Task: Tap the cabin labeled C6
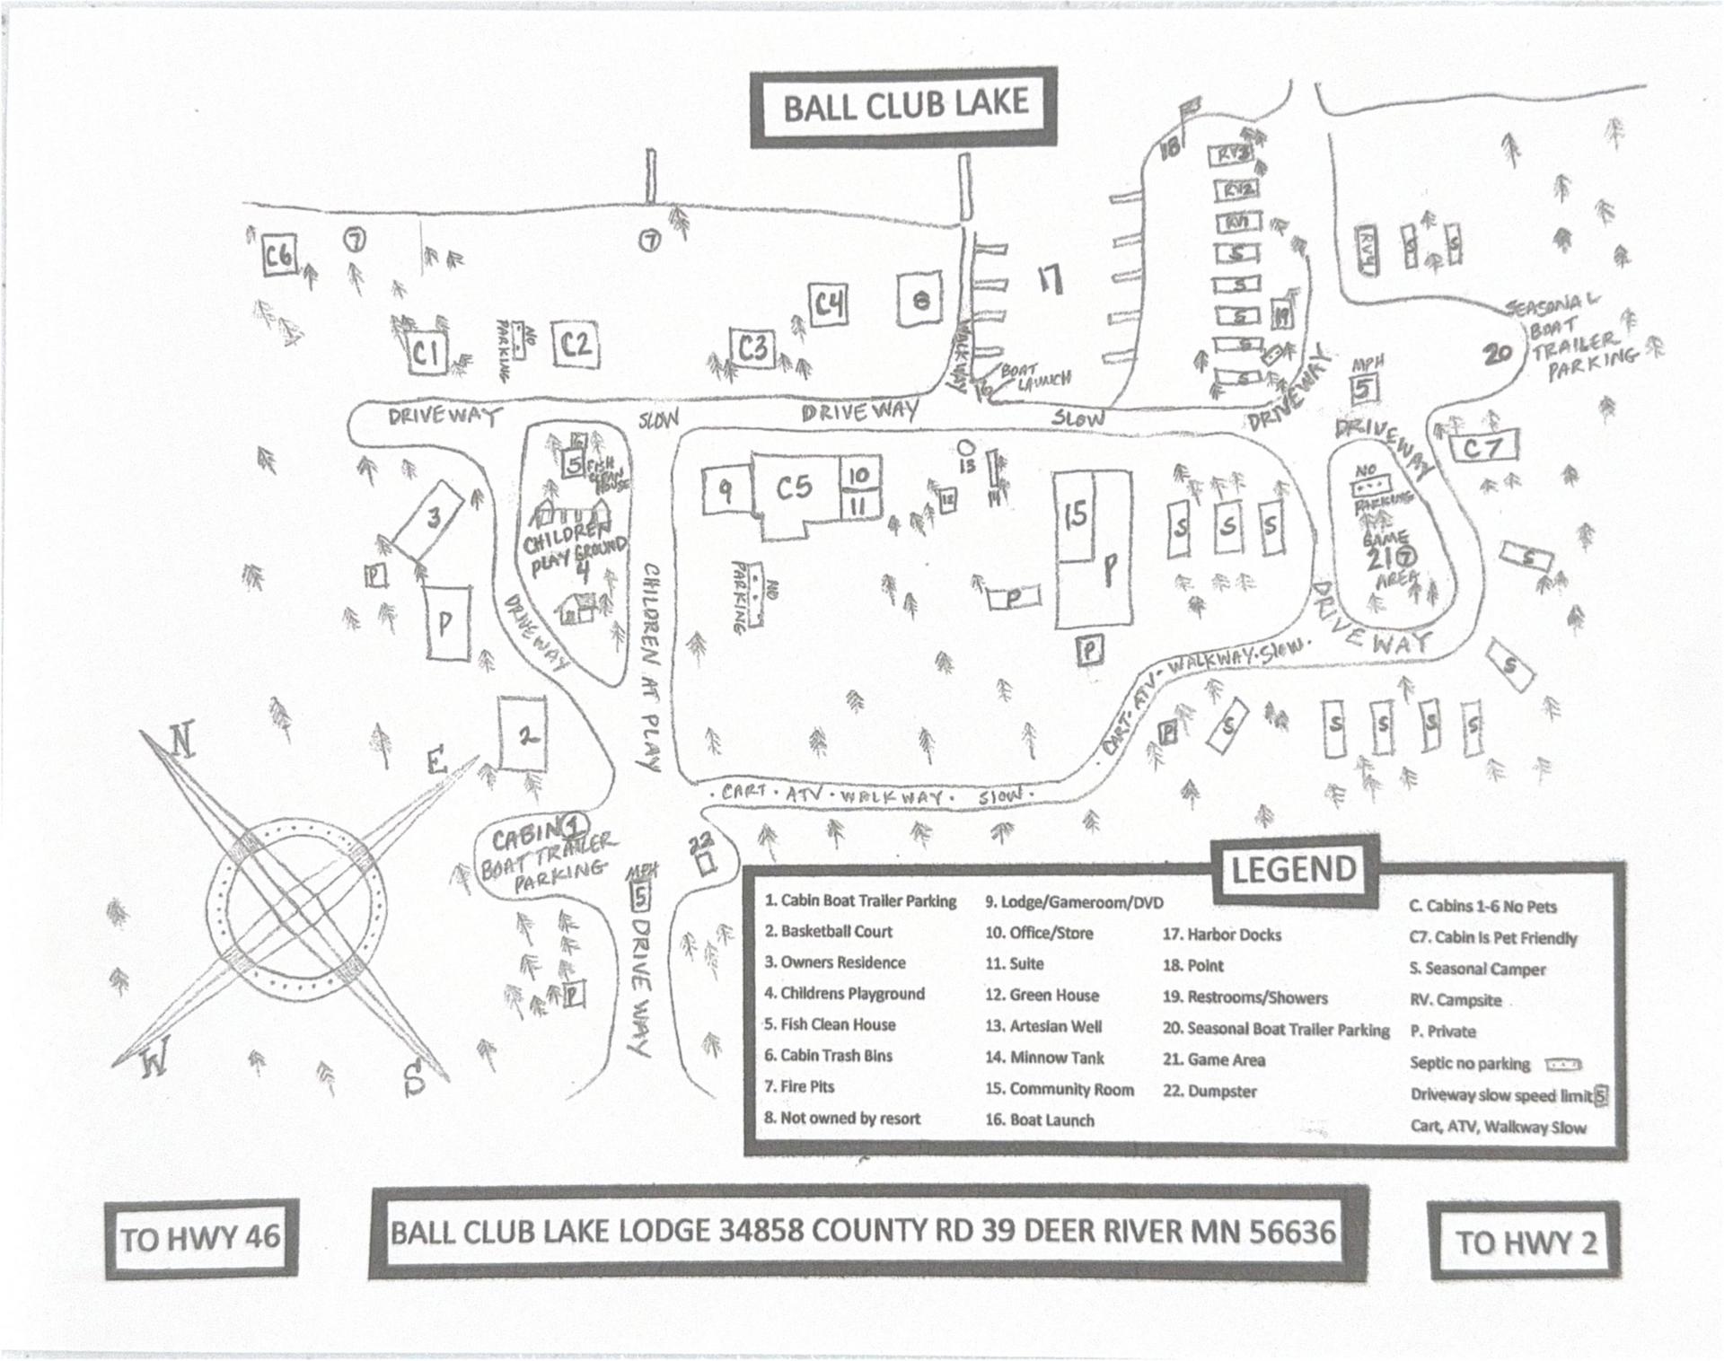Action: click(278, 258)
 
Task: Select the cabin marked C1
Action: click(427, 354)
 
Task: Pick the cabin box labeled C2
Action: click(576, 345)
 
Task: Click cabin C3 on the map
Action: click(753, 347)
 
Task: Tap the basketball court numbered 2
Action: click(523, 734)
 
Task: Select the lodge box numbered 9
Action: click(725, 489)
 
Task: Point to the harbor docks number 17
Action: click(1050, 280)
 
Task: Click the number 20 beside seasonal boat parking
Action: click(1497, 354)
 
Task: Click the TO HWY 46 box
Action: click(201, 1240)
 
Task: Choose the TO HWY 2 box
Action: click(1526, 1242)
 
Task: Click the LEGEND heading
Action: click(1293, 869)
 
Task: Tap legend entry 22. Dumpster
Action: click(1209, 1092)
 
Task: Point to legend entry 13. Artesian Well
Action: click(1043, 1026)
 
